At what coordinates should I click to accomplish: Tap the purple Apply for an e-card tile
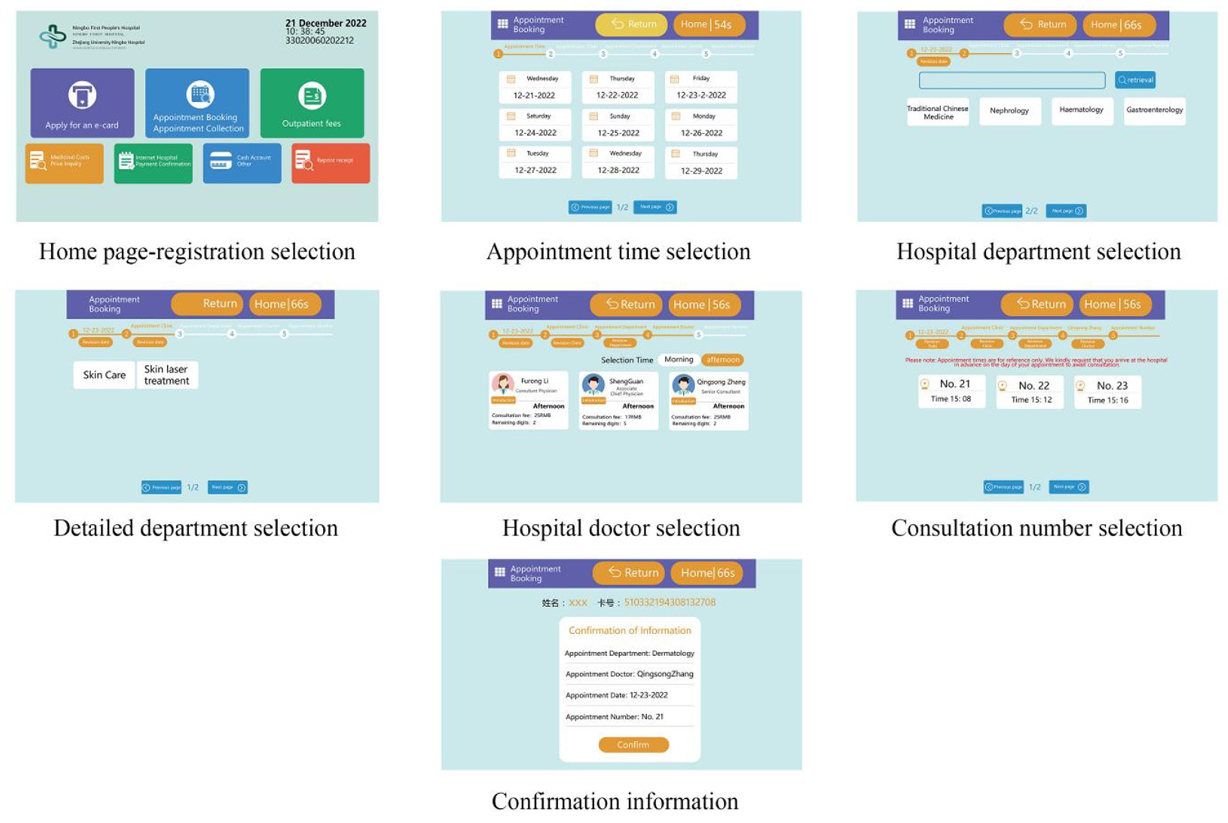(82, 103)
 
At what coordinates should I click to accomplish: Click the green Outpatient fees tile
(312, 103)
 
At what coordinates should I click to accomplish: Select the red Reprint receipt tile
(330, 163)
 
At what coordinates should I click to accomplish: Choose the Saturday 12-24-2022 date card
(535, 125)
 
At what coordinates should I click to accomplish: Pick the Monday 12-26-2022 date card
(701, 125)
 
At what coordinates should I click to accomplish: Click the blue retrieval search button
(1135, 80)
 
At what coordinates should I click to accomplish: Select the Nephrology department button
(1009, 111)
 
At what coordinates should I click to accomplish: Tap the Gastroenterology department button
(1154, 110)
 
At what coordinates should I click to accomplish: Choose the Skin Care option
(104, 375)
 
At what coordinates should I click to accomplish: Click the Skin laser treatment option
(166, 375)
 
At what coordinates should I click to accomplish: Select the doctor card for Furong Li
(528, 400)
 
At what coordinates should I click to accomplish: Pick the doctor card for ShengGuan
(618, 400)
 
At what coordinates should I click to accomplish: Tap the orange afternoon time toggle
(722, 360)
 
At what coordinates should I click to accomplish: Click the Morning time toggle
(678, 360)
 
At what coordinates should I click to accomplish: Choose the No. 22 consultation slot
(1030, 392)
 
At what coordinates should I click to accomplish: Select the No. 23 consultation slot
(1107, 392)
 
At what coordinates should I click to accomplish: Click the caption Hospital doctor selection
(620, 528)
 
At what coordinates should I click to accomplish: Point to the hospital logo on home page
(53, 36)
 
